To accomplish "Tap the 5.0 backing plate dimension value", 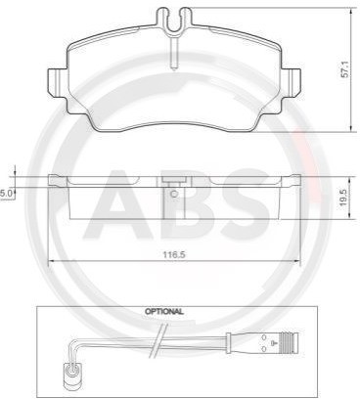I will click(7, 194).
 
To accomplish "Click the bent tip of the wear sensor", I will click(70, 370).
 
